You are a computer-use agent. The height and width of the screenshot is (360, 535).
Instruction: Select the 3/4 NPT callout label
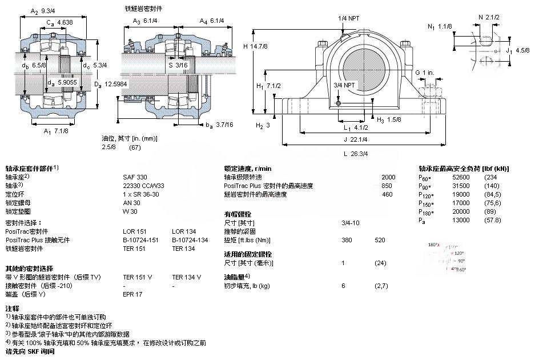click(x=344, y=85)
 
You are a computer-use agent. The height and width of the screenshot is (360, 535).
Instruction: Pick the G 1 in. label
click(x=425, y=72)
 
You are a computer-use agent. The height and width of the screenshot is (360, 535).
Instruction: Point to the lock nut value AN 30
click(x=131, y=203)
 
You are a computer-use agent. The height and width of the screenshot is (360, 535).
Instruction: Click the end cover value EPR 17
click(x=132, y=294)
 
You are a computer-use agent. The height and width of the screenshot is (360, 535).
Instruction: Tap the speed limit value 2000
click(x=388, y=177)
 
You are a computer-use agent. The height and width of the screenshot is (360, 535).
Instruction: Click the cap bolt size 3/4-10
click(x=350, y=223)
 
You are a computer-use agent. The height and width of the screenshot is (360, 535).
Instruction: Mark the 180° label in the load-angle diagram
click(x=433, y=245)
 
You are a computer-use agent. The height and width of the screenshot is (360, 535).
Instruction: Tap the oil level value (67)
click(x=135, y=147)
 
